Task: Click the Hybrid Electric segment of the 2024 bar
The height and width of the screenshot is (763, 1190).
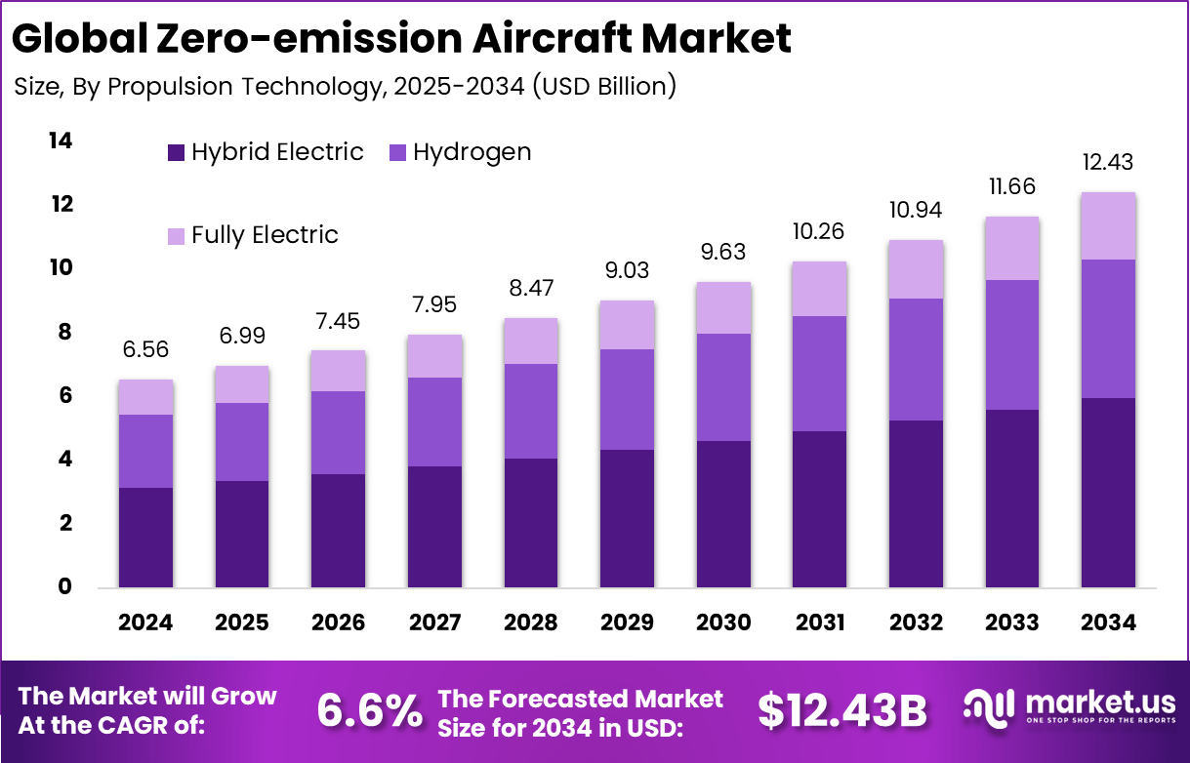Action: pos(146,538)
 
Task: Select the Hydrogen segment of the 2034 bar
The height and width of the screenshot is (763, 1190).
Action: pos(1108,328)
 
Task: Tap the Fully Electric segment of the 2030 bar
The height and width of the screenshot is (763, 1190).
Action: pos(723,308)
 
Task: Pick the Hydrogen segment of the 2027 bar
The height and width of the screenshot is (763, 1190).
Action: pos(434,422)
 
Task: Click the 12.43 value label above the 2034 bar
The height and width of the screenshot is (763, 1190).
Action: pos(1108,162)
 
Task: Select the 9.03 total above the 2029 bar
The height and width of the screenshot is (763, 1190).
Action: pos(627,270)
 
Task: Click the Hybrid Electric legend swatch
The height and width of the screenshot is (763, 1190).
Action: pos(176,153)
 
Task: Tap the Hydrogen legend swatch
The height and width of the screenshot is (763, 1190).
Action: pos(398,153)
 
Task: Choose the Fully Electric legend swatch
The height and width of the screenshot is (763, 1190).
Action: pos(176,236)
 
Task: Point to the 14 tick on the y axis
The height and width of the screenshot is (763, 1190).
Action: pos(61,141)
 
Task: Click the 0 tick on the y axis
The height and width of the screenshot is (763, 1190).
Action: pos(65,587)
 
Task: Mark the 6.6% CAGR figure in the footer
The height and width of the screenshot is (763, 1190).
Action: pos(369,711)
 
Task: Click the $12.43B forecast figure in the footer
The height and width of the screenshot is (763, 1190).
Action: pos(842,711)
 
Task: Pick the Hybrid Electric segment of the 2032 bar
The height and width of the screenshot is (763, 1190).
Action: pos(916,503)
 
